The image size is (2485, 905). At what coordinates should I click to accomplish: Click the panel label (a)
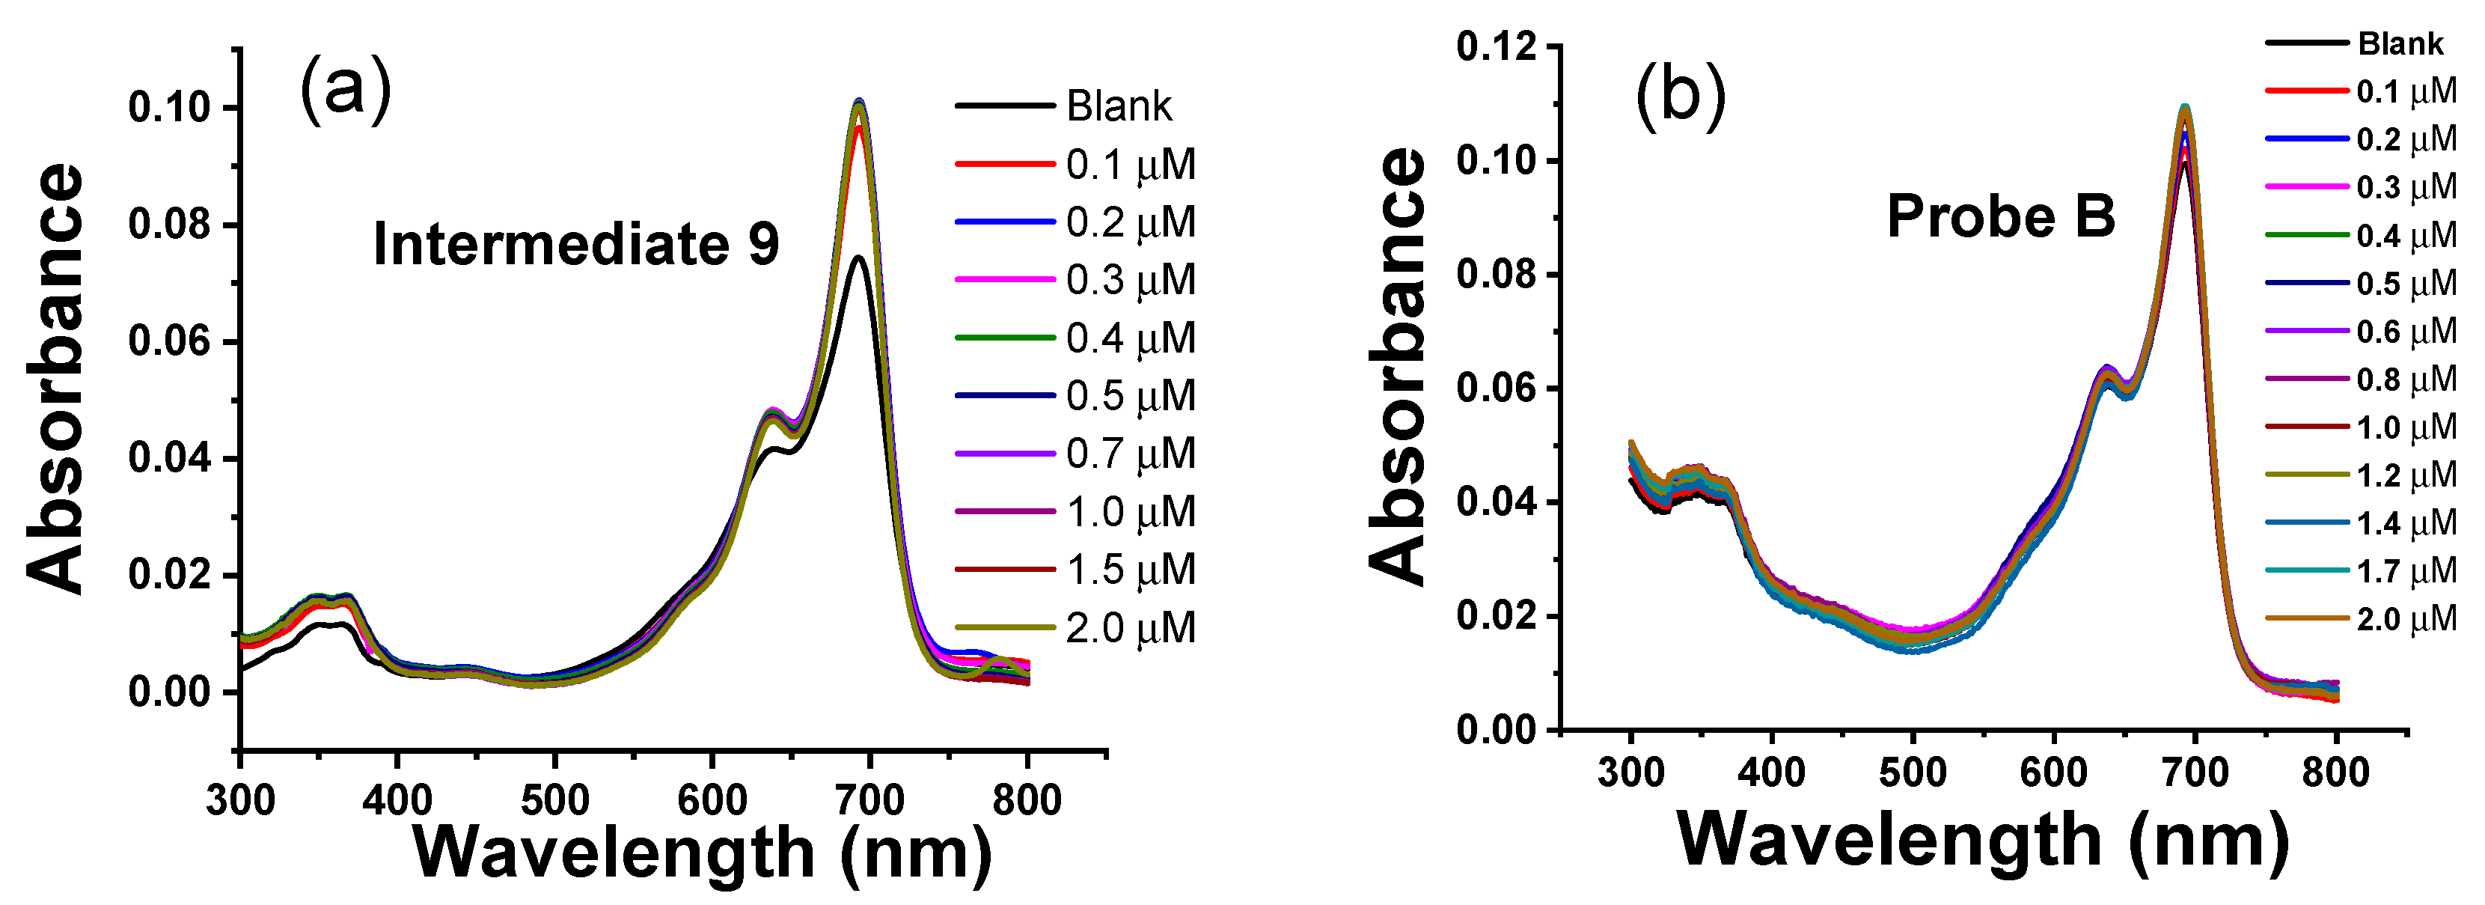click(346, 89)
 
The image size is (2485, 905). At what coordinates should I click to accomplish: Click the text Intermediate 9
click(576, 244)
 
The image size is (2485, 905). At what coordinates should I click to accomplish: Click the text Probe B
click(2000, 216)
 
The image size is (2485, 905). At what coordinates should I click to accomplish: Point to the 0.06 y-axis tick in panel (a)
click(169, 341)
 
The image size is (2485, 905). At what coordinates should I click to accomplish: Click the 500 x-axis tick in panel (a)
click(554, 800)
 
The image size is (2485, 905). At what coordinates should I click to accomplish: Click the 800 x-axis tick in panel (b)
click(2335, 773)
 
